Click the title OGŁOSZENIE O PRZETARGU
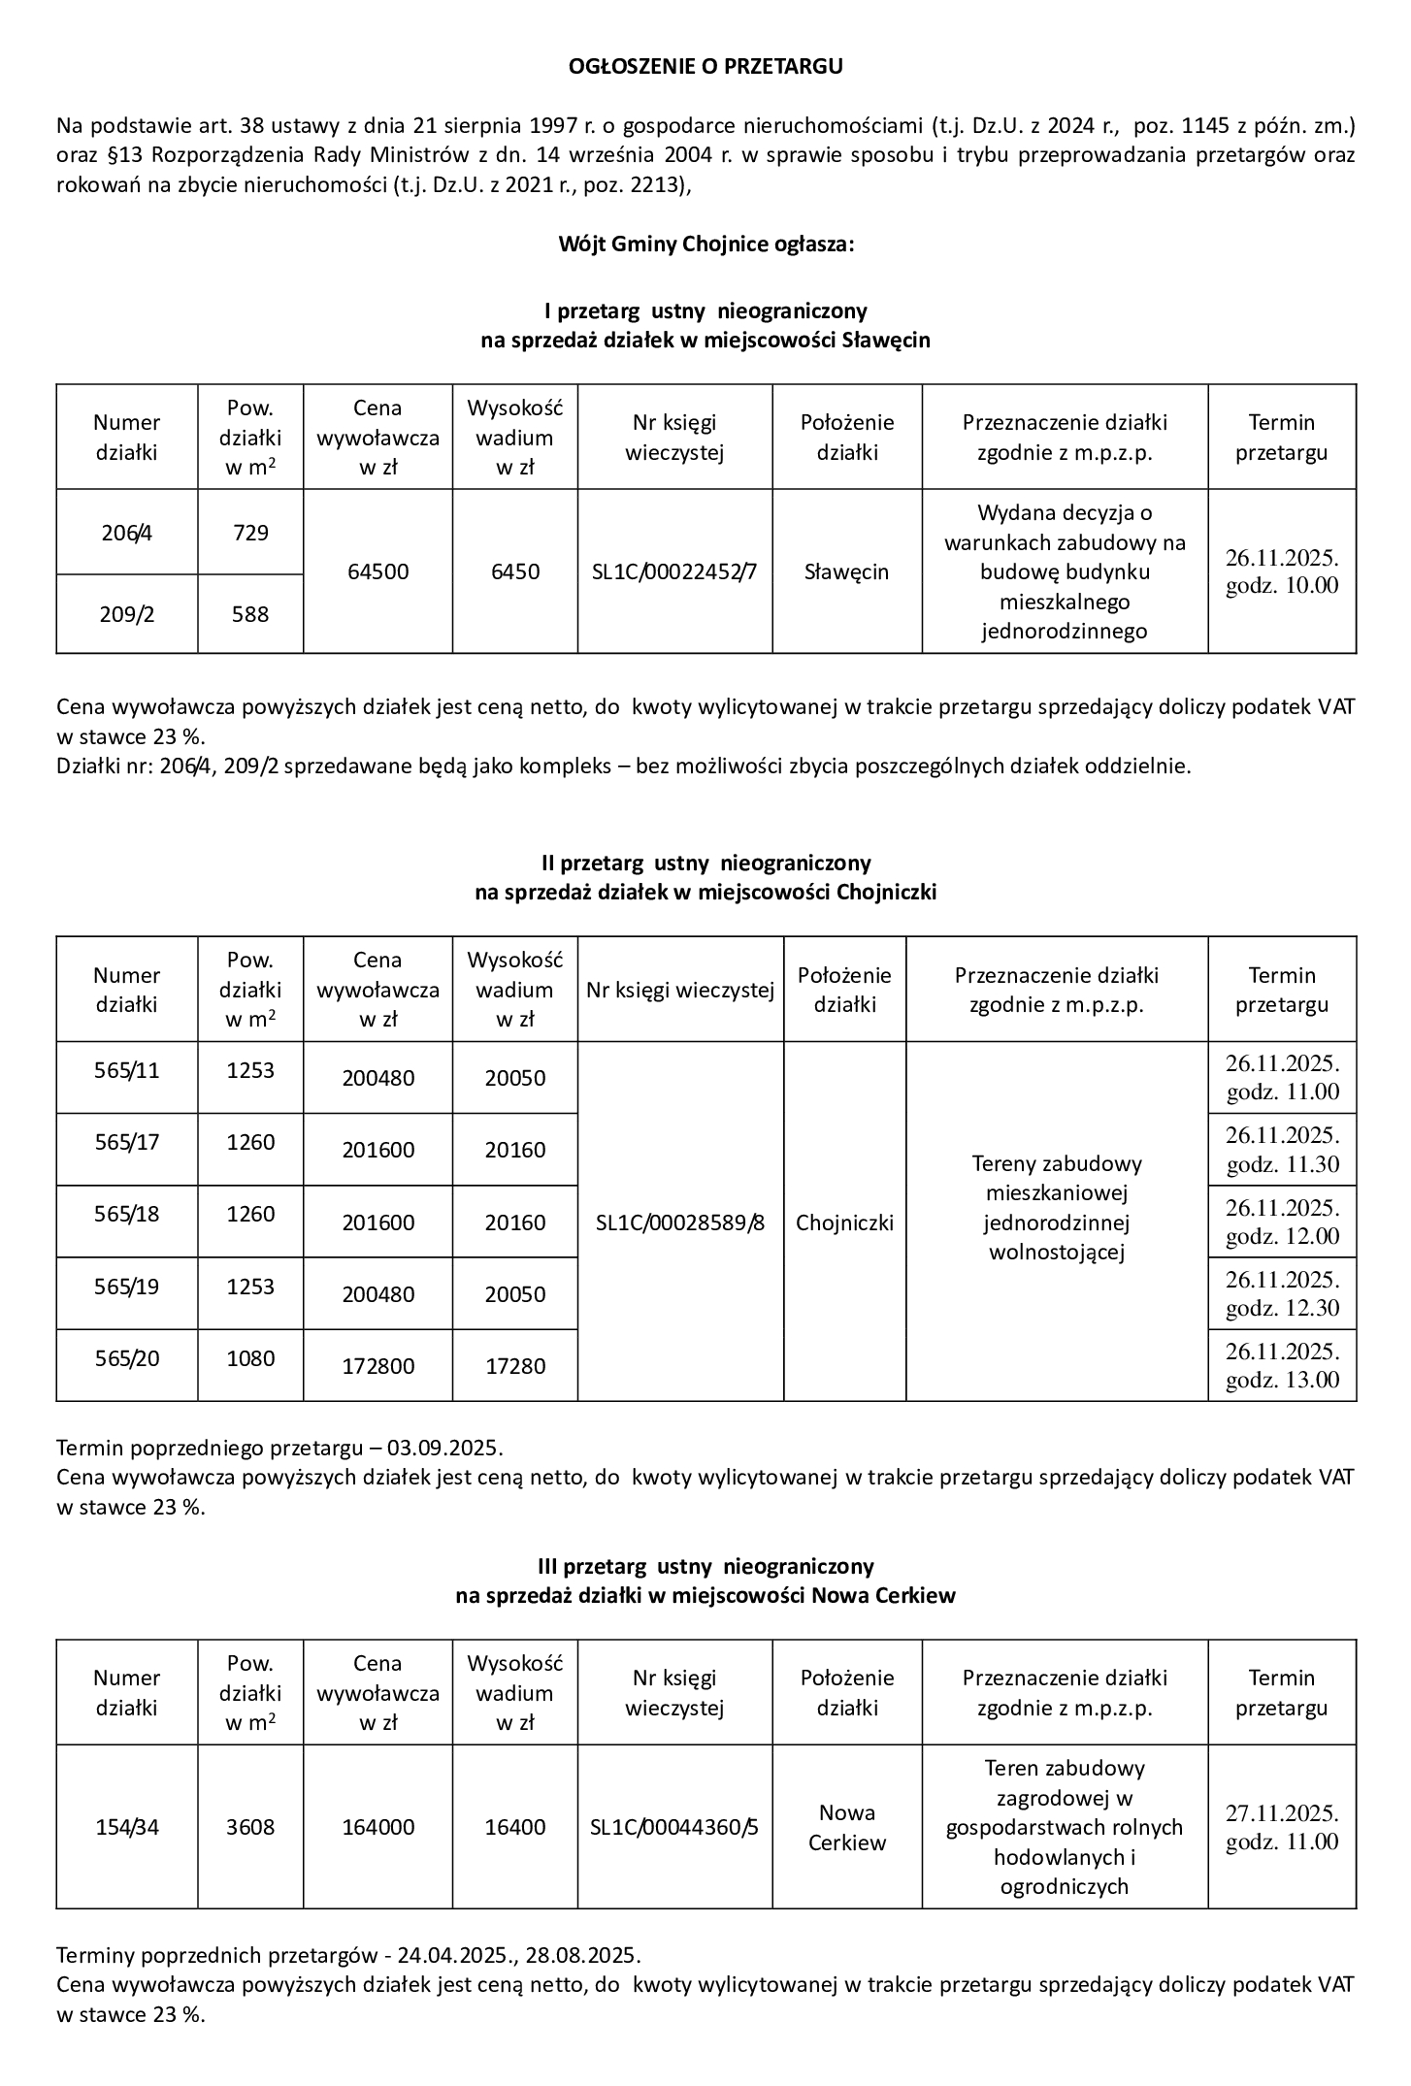tap(705, 66)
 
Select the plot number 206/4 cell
tap(127, 533)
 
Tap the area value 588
tap(250, 614)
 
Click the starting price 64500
tap(377, 571)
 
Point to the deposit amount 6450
tap(515, 571)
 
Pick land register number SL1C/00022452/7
tap(674, 571)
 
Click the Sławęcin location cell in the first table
tap(846, 571)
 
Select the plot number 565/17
tap(127, 1142)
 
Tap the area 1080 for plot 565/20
tap(250, 1358)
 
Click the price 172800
tap(377, 1366)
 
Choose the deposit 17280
tap(515, 1366)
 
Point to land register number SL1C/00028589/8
tap(680, 1222)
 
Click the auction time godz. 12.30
tap(1283, 1308)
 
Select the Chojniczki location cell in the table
tap(844, 1222)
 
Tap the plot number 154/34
tap(127, 1827)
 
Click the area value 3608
tap(250, 1827)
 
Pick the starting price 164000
tap(377, 1827)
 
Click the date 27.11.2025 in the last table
tap(1281, 1812)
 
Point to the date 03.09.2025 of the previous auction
tap(444, 1449)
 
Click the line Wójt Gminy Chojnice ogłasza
tap(705, 244)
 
